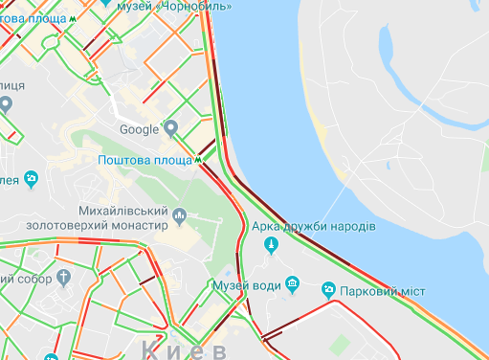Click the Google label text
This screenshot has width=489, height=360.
[139, 129]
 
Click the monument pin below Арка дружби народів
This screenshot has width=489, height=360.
[272, 247]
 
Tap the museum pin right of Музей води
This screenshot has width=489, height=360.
[293, 283]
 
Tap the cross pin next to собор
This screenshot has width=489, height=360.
[64, 279]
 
